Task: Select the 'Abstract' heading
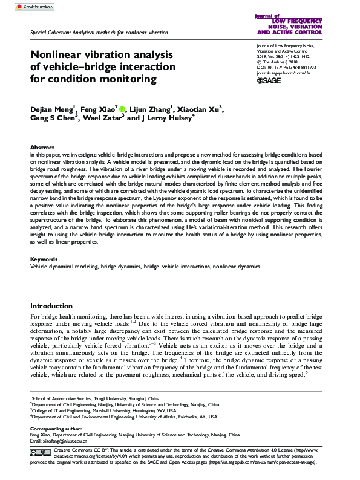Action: pos(42,148)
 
